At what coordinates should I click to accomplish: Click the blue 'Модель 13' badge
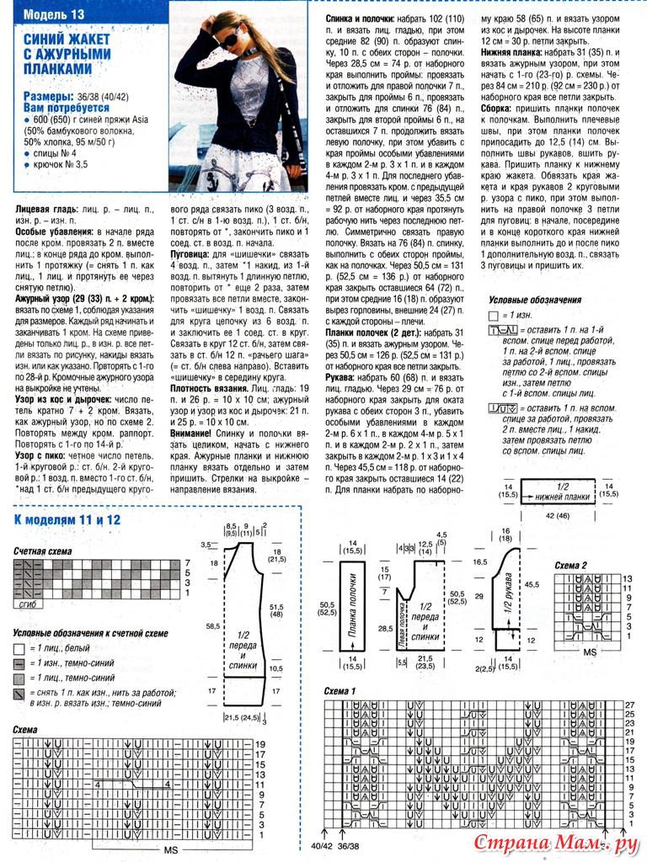(55, 14)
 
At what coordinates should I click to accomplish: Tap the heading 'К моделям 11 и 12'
(67, 519)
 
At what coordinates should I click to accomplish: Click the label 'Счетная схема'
(42, 551)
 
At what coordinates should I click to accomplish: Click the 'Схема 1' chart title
(341, 691)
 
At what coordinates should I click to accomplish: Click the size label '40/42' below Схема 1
(321, 845)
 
